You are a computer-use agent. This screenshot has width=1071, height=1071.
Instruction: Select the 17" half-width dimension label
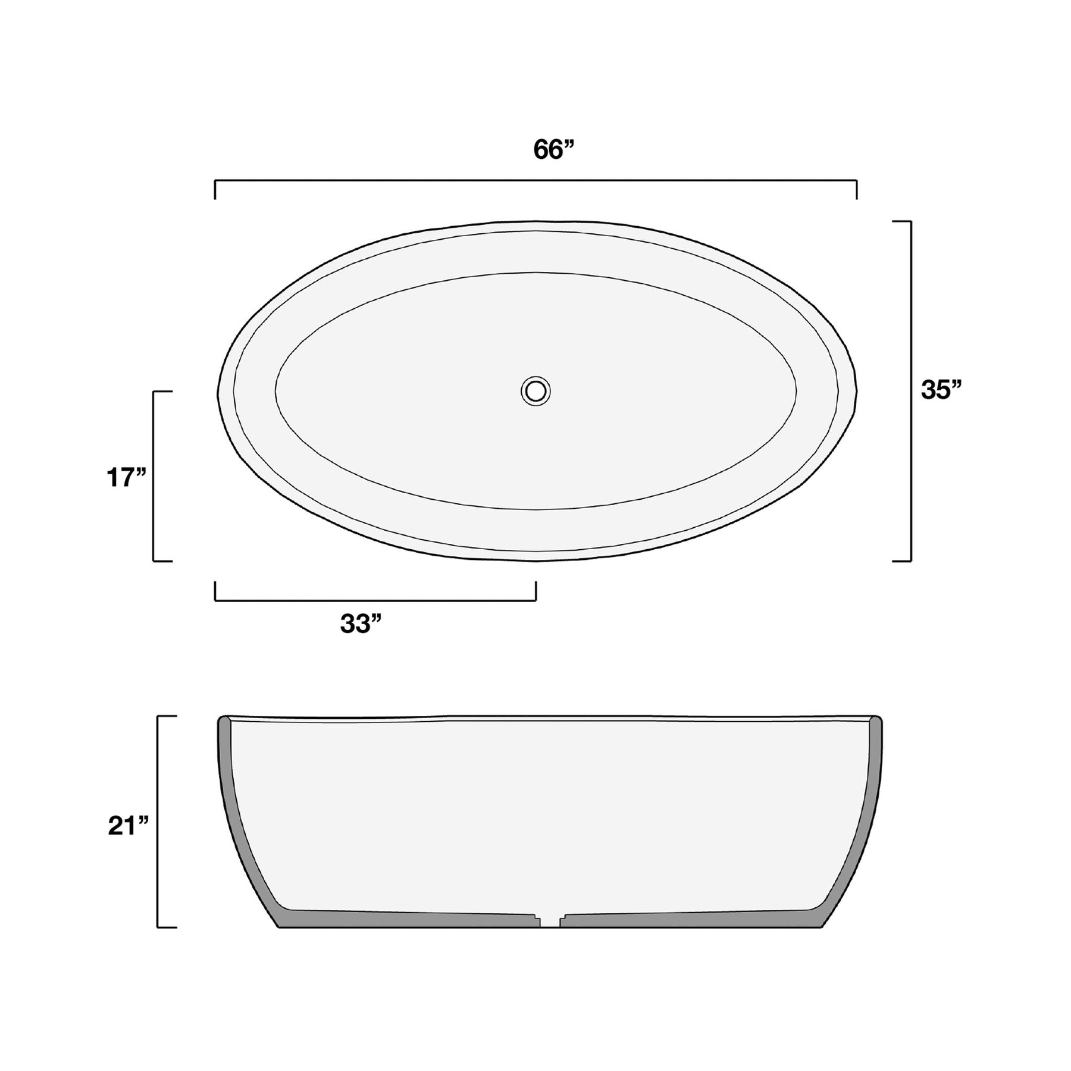coord(126,477)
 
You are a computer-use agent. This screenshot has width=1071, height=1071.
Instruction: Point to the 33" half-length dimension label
coord(361,624)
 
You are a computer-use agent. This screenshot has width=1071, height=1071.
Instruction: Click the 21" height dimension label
coord(127,826)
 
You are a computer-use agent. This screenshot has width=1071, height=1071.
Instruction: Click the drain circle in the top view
coord(535,391)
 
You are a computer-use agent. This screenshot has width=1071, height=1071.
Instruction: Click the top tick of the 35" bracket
coord(902,221)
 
